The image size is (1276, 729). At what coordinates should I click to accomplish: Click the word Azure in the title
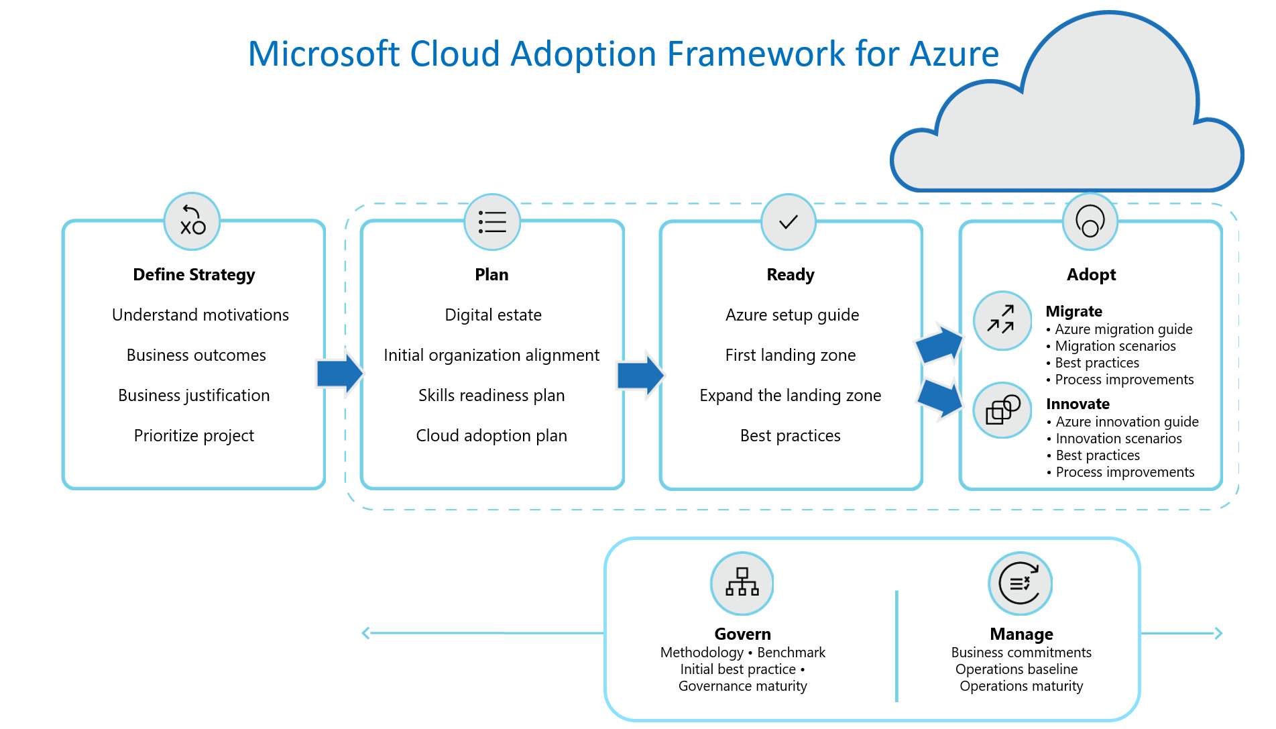[953, 54]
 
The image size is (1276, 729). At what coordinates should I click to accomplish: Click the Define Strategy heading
[194, 275]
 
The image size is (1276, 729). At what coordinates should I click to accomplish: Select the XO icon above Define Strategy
[192, 221]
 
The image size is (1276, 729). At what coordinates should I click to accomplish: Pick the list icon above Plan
[492, 222]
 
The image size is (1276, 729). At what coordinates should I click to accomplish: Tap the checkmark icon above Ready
[789, 222]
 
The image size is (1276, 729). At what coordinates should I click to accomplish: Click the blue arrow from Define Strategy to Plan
[339, 373]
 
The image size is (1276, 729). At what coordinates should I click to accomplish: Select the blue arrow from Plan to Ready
[640, 374]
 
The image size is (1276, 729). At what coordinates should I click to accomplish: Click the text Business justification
[194, 396]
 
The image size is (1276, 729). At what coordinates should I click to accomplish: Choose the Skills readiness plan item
[491, 396]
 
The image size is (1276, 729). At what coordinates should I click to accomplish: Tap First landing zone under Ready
[791, 355]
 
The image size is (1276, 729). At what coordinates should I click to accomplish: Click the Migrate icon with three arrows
[1002, 321]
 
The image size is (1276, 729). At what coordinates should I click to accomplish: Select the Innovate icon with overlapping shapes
[1002, 410]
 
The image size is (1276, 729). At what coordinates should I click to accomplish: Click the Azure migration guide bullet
[1123, 329]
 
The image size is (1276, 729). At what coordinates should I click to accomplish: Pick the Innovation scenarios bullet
[1118, 439]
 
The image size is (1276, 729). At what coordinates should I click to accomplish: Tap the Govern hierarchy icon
[742, 583]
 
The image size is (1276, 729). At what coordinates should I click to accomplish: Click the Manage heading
[1021, 634]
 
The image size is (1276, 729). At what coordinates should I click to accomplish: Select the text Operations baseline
[1017, 669]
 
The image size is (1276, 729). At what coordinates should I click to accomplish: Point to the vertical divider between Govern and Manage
[896, 645]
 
